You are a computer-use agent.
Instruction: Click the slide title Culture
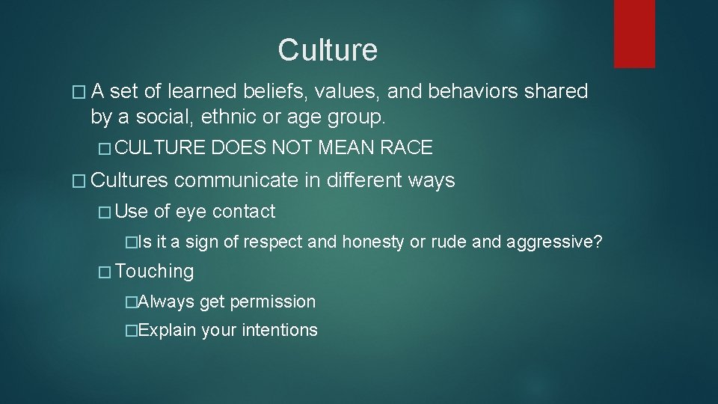[x=328, y=50]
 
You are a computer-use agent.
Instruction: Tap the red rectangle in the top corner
[x=633, y=34]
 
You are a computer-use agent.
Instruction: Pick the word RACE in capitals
[x=406, y=148]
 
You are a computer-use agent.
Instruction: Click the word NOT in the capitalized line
[x=292, y=148]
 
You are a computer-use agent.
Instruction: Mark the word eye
[x=191, y=212]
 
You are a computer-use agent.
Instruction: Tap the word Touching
[x=155, y=272]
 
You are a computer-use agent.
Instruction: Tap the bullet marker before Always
[x=132, y=302]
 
